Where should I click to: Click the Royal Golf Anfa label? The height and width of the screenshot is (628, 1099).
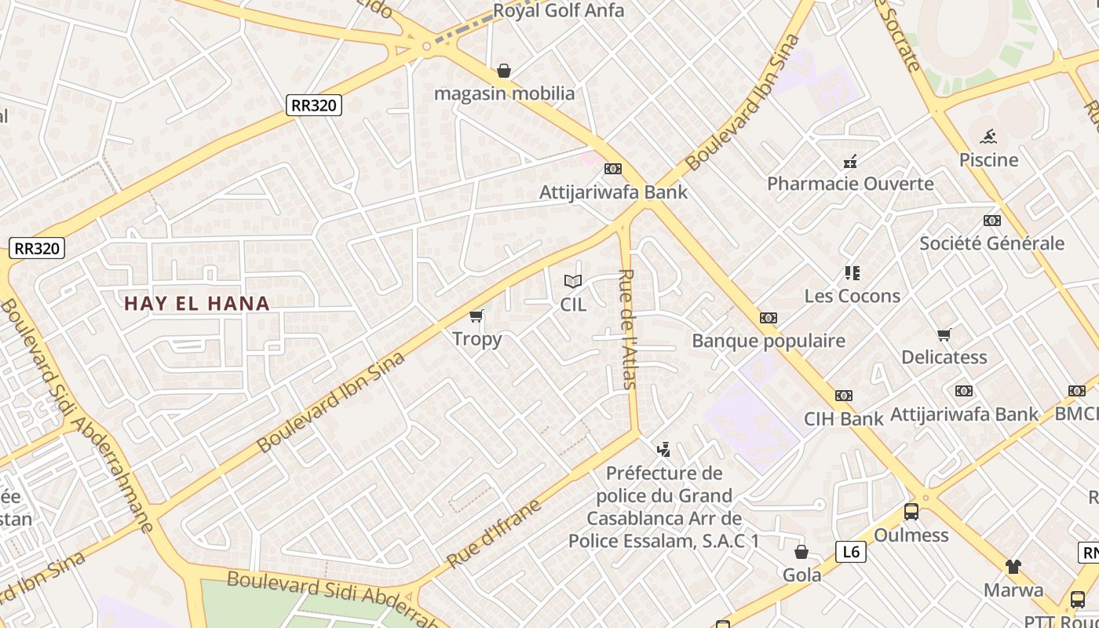click(x=558, y=11)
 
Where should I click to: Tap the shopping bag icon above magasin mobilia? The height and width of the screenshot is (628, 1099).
click(x=504, y=71)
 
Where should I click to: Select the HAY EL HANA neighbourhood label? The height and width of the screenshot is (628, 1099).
click(x=197, y=303)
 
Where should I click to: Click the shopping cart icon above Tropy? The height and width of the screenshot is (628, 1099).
click(x=476, y=316)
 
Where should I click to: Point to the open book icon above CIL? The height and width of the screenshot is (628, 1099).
click(x=573, y=281)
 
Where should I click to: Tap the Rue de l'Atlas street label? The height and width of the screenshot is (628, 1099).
click(x=628, y=329)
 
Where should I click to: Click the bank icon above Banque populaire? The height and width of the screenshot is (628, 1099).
click(x=769, y=318)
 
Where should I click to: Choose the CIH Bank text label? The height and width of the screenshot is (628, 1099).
click(x=843, y=418)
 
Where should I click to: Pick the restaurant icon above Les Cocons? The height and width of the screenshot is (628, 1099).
click(x=853, y=273)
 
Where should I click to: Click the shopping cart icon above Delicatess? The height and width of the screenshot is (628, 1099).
click(x=944, y=335)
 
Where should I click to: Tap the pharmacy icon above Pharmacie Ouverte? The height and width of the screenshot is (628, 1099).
click(x=850, y=162)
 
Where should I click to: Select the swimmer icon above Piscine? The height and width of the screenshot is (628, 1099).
click(x=988, y=137)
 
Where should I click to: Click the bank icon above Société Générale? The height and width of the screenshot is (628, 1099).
click(x=992, y=221)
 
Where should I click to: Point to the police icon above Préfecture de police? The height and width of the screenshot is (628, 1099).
click(x=664, y=450)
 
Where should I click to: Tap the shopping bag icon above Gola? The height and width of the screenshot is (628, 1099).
click(x=801, y=552)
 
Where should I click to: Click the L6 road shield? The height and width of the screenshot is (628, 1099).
click(x=850, y=552)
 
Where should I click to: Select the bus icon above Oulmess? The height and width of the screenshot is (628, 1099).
click(x=911, y=512)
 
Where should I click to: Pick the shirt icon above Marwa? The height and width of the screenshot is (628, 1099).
click(x=1013, y=566)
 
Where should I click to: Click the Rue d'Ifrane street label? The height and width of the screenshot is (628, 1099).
click(x=495, y=533)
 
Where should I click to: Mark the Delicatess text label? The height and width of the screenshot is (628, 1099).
click(x=944, y=357)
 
